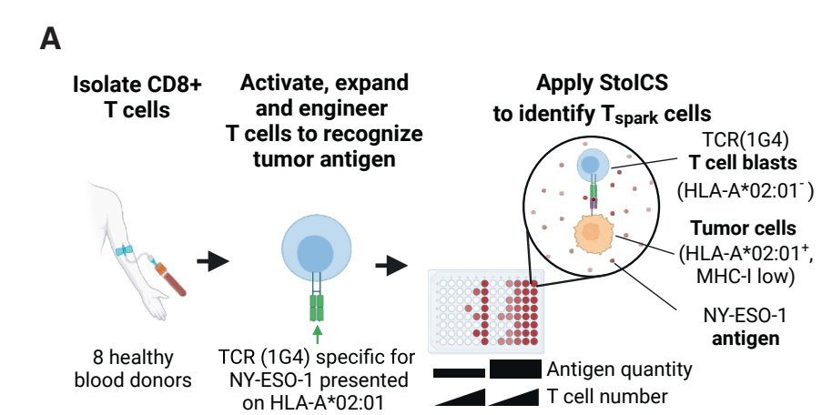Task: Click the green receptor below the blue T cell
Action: point(317,304)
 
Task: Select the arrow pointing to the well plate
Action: point(392,266)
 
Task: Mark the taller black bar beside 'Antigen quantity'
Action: point(515,369)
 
